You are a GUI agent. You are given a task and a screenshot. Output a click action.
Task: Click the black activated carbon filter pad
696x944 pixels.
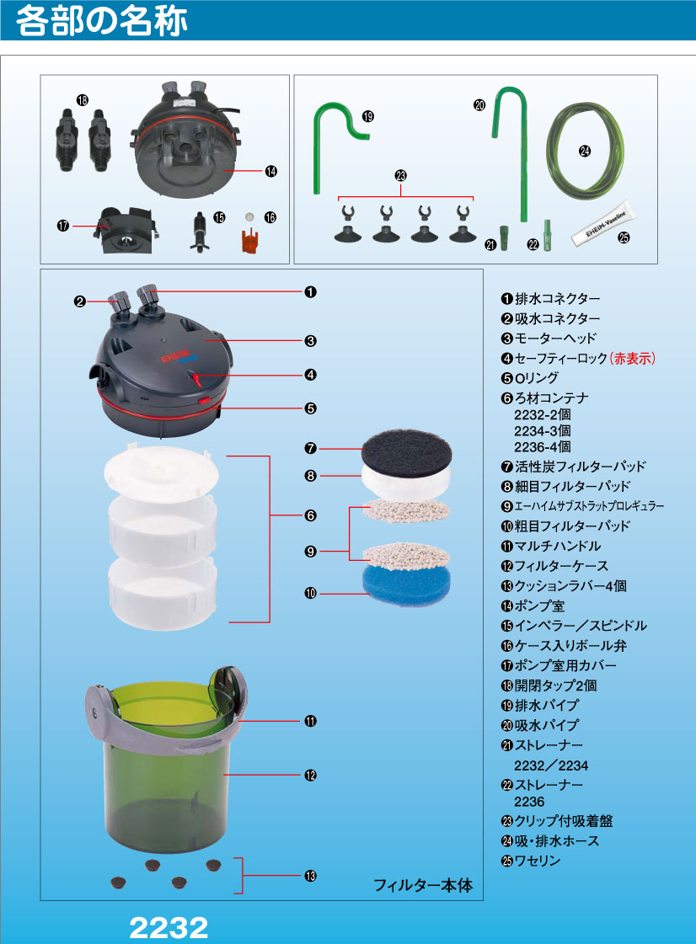tap(406, 451)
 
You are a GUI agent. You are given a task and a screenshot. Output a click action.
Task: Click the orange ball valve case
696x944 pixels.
tap(249, 239)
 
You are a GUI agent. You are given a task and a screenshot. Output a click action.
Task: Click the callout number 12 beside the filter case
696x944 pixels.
tap(310, 775)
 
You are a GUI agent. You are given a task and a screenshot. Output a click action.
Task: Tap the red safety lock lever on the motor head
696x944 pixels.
tap(195, 379)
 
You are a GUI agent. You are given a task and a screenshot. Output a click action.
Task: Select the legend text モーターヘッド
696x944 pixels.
tap(555, 339)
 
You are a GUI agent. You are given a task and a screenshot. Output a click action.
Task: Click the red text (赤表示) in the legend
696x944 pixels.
tap(632, 358)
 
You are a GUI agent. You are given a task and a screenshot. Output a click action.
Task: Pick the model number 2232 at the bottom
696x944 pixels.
tap(169, 928)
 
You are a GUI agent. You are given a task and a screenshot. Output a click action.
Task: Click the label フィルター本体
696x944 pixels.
tap(423, 885)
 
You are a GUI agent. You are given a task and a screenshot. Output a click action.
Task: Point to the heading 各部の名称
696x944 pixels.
tap(101, 20)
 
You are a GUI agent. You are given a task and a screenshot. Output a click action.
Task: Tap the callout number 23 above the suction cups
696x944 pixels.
tap(401, 176)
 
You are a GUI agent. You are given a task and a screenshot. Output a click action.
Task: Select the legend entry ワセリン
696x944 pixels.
tap(537, 861)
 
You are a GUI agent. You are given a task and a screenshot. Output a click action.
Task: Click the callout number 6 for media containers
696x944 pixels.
tap(310, 515)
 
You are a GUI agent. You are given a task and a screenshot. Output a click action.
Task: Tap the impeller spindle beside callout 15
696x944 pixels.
tap(199, 232)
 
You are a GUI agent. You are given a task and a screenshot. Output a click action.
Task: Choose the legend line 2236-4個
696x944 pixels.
tap(543, 446)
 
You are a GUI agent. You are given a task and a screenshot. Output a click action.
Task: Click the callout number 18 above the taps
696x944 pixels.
tap(83, 100)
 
